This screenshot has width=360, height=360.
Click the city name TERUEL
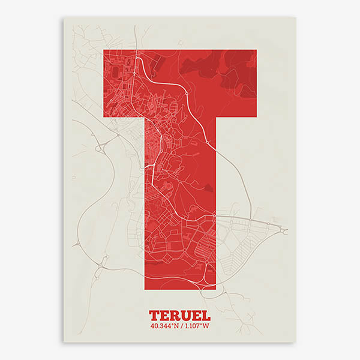point(179,315)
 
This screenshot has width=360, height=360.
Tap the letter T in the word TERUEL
point(154,315)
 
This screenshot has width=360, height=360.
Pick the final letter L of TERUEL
point(205,315)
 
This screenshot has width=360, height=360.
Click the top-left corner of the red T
point(104,50)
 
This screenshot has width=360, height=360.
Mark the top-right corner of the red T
point(256,50)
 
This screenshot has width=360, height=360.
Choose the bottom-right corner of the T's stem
point(215,289)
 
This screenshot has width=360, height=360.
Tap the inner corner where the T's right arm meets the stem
point(215,116)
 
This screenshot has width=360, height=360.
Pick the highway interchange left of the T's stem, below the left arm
point(100,146)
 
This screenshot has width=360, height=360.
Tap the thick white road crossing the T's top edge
point(139,52)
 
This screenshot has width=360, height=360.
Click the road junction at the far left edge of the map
point(77,244)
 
